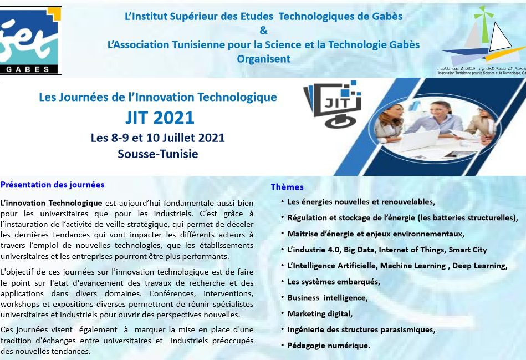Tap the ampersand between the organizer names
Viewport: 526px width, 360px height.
(264, 30)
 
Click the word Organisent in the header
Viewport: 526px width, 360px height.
(264, 59)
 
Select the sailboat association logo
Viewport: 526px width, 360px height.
(482, 40)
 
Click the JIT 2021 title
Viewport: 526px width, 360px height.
(160, 118)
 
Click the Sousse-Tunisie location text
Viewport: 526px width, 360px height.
(157, 154)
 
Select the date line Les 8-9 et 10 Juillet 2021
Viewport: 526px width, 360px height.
(157, 138)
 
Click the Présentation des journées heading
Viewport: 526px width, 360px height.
(52, 185)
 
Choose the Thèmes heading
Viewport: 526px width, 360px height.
(287, 187)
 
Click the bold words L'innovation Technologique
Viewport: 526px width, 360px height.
(52, 203)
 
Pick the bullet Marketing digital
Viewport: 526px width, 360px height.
(320, 313)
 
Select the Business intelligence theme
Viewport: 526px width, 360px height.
(328, 298)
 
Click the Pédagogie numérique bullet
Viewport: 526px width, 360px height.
(329, 346)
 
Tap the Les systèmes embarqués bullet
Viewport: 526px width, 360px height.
(334, 282)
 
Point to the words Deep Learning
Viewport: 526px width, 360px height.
(479, 266)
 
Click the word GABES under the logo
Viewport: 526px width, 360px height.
(28, 69)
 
